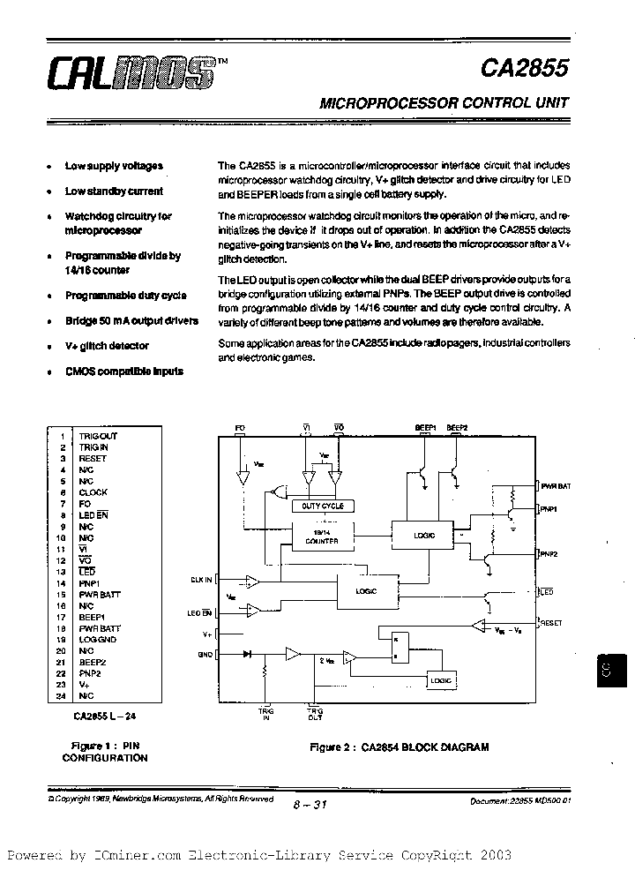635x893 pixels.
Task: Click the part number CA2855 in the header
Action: click(x=526, y=69)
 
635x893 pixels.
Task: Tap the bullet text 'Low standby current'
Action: click(x=114, y=191)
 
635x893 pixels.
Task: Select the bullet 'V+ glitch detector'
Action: click(x=107, y=346)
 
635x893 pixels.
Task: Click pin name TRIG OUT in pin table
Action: click(x=98, y=436)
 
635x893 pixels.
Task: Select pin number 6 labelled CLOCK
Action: click(x=63, y=492)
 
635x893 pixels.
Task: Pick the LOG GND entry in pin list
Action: click(x=98, y=639)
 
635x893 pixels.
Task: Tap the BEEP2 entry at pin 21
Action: click(x=93, y=661)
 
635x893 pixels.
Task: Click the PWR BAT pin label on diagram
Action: click(x=556, y=486)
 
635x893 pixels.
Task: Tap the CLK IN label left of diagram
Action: click(x=201, y=580)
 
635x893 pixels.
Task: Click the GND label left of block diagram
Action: click(x=206, y=654)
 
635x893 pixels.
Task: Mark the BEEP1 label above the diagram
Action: click(x=426, y=427)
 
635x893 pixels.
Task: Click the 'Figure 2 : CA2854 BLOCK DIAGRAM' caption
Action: click(x=399, y=747)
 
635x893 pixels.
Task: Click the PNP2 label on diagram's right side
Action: click(x=549, y=553)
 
